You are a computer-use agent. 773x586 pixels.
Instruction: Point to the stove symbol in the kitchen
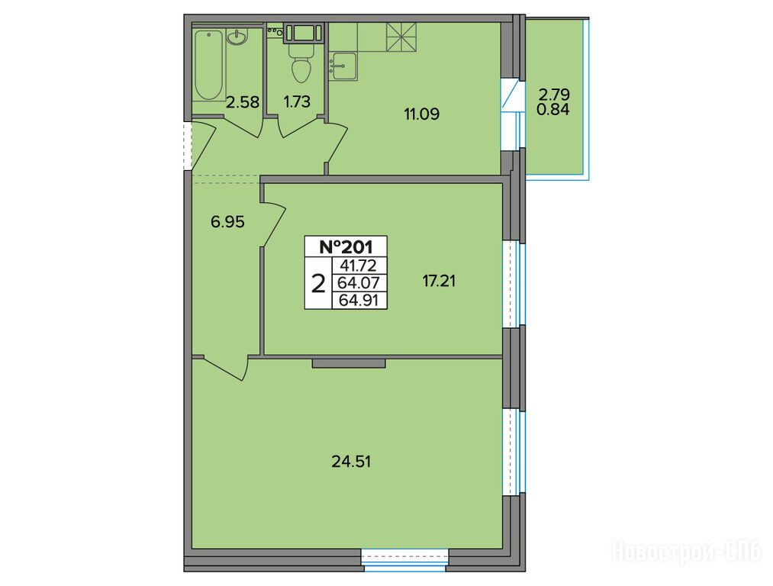click(x=401, y=37)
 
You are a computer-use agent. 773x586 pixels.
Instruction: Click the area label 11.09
click(x=421, y=114)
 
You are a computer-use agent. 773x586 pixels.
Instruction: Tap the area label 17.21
click(x=439, y=282)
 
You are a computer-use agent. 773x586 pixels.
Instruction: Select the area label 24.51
click(x=352, y=462)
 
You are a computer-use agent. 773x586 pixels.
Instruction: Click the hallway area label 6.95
click(x=227, y=222)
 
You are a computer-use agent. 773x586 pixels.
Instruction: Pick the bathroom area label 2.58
click(x=243, y=102)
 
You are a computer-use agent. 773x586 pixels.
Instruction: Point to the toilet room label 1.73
click(x=297, y=101)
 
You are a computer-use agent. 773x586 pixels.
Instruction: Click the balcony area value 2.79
click(x=554, y=94)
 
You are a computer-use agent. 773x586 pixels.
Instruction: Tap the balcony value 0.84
click(x=553, y=109)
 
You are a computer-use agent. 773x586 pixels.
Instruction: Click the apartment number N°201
click(x=346, y=246)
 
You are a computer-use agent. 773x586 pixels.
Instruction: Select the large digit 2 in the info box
click(x=319, y=284)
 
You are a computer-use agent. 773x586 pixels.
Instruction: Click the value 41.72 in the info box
click(x=360, y=266)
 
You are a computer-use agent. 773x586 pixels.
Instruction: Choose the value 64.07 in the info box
click(x=360, y=283)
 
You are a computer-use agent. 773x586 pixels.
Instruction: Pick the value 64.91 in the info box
click(x=360, y=300)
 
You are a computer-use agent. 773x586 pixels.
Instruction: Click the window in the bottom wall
click(x=404, y=560)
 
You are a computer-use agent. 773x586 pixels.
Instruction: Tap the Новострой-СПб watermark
click(x=687, y=550)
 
